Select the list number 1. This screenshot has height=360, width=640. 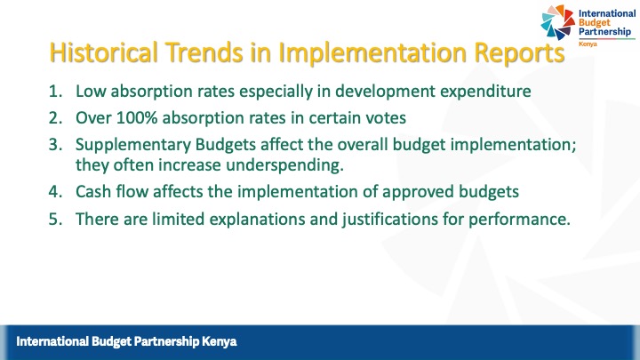coord(55,91)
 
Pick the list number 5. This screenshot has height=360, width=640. coord(55,220)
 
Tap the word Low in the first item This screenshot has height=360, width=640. coord(90,91)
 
